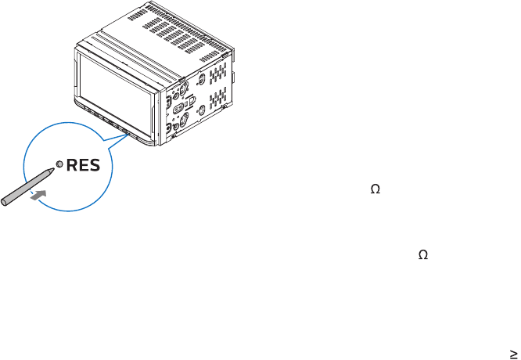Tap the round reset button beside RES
(x=59, y=166)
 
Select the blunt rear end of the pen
(x=4, y=203)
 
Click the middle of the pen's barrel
(x=27, y=186)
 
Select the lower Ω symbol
(x=423, y=255)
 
